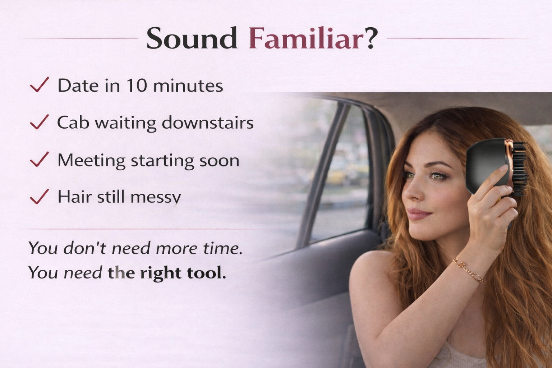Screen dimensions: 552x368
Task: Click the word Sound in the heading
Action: pyautogui.click(x=192, y=38)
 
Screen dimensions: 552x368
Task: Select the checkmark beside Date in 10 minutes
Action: pyautogui.click(x=40, y=84)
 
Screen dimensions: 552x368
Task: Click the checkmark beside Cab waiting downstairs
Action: pyautogui.click(x=40, y=122)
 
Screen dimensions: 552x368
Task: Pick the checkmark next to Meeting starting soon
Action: pyautogui.click(x=40, y=159)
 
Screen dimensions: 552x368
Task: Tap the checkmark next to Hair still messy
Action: pyautogui.click(x=40, y=197)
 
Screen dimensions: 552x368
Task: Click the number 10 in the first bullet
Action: pyautogui.click(x=137, y=86)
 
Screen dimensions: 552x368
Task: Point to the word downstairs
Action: pyautogui.click(x=208, y=122)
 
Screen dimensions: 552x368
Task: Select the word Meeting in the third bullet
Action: pyautogui.click(x=91, y=161)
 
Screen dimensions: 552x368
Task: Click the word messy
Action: pyautogui.click(x=156, y=198)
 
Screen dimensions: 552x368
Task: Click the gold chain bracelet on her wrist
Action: pyautogui.click(x=468, y=270)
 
